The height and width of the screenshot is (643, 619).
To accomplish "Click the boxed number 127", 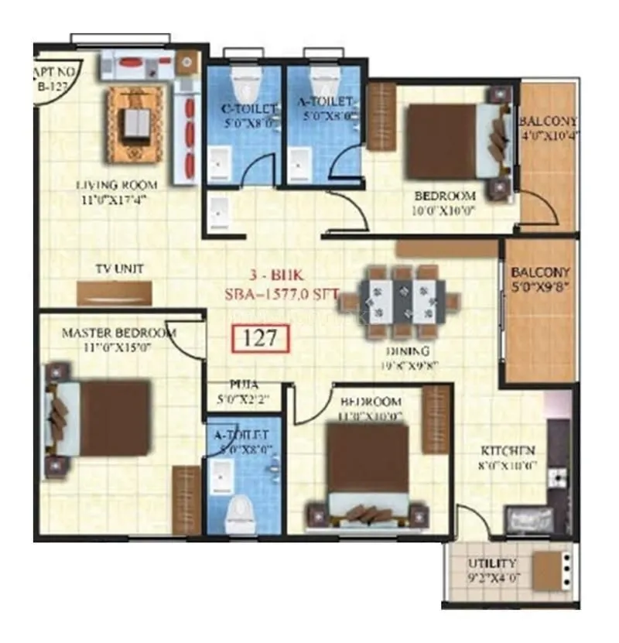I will pyautogui.click(x=261, y=339).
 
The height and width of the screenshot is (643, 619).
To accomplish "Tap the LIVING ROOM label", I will pyautogui.click(x=117, y=185).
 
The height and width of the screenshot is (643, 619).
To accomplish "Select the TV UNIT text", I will pyautogui.click(x=119, y=268).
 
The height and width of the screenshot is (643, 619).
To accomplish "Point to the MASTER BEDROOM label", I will pyautogui.click(x=118, y=333).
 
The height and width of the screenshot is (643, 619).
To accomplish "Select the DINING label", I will pyautogui.click(x=402, y=350).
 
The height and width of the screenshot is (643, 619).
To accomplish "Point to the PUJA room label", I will pyautogui.click(x=243, y=384).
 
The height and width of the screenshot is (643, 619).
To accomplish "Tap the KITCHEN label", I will pyautogui.click(x=508, y=451).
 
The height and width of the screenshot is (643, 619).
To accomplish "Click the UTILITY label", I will pyautogui.click(x=493, y=564).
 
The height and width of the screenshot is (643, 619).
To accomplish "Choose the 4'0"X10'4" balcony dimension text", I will pyautogui.click(x=549, y=137).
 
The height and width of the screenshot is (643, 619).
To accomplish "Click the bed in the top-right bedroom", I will pyautogui.click(x=453, y=141).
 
